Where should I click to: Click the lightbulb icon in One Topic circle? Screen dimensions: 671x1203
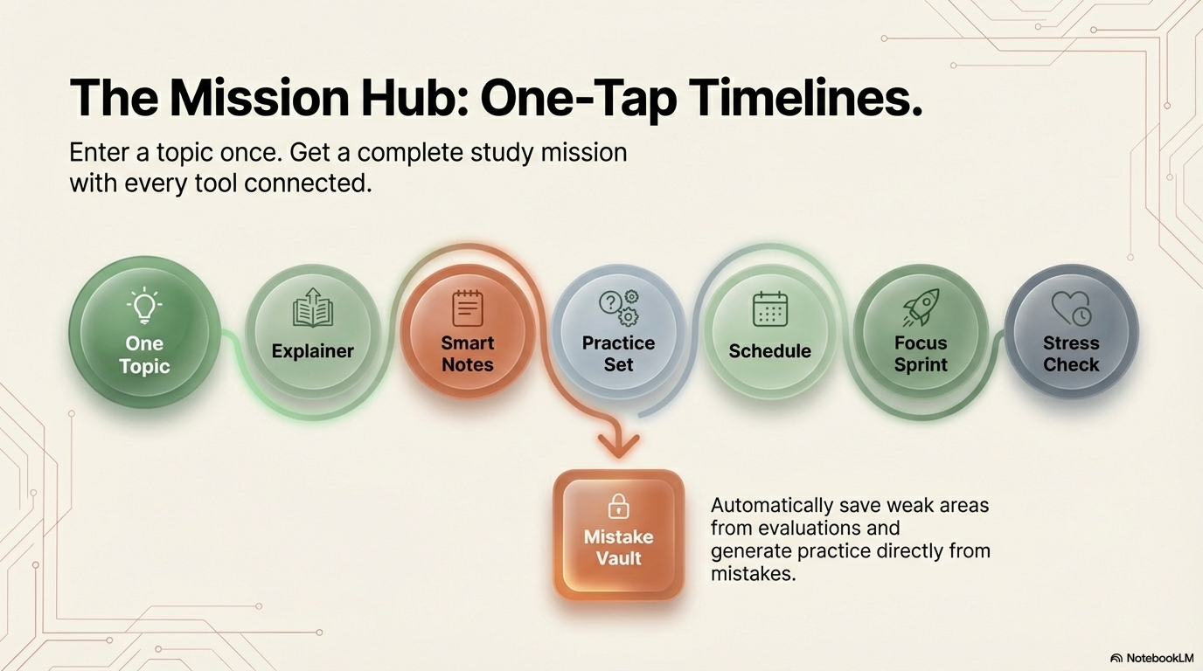[x=143, y=306]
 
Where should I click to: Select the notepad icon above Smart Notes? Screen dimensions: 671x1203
[x=468, y=308]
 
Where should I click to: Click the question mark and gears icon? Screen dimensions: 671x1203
[x=618, y=308]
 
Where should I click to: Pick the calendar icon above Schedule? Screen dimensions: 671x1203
[x=770, y=309]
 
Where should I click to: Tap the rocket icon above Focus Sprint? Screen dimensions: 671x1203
[x=921, y=308]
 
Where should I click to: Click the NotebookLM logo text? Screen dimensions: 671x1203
[x=1158, y=658]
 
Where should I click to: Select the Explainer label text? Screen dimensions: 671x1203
[x=312, y=351]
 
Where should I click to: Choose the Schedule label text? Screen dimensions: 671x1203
[x=770, y=351]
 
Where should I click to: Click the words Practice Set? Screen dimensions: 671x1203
[x=618, y=354]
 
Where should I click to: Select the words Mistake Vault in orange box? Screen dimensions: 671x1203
[x=618, y=547]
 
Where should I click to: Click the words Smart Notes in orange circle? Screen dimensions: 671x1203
[x=468, y=354]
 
